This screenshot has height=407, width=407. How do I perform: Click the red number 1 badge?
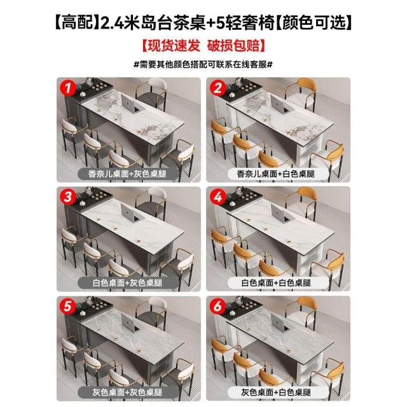(x=68, y=88)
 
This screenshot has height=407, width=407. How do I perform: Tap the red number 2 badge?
(x=217, y=88)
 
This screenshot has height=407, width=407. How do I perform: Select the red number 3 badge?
(x=68, y=197)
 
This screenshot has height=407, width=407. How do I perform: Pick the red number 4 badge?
(x=217, y=197)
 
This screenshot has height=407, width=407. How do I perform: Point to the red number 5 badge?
(x=68, y=307)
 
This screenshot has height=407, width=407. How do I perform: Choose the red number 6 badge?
(x=217, y=307)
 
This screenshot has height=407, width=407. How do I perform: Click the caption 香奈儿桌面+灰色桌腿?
(x=127, y=174)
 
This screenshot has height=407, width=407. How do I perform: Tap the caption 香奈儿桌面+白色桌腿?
(x=275, y=174)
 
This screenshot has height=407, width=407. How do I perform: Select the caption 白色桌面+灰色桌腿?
(x=127, y=282)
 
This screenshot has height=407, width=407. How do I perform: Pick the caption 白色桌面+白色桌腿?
(x=276, y=282)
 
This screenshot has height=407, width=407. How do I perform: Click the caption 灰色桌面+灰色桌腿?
(x=127, y=392)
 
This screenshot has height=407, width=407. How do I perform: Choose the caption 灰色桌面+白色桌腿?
(x=276, y=392)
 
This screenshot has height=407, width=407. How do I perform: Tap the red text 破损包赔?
(x=233, y=46)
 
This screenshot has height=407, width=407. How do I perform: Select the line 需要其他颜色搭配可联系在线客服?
(x=203, y=64)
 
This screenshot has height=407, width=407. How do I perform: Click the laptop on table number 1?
(x=132, y=103)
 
